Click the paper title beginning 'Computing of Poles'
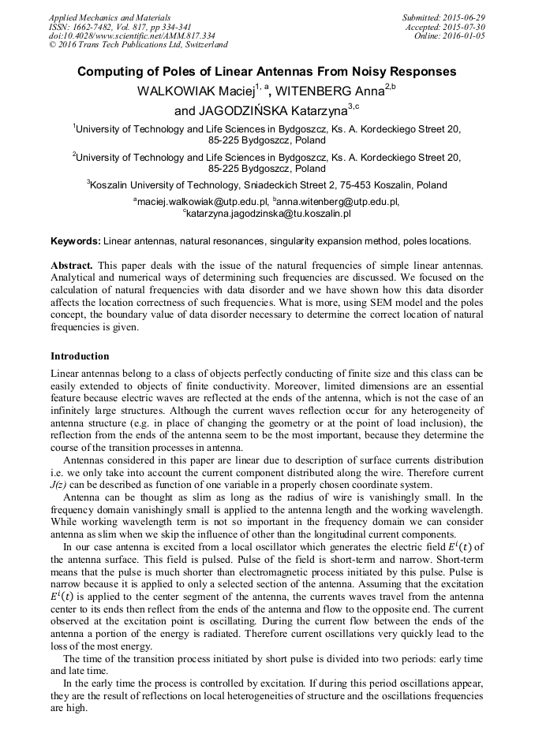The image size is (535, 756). tap(267, 72)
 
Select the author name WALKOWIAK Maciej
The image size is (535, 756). tap(191, 91)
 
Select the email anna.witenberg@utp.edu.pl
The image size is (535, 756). tap(337, 202)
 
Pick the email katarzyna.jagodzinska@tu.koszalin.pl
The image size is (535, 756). tap(268, 213)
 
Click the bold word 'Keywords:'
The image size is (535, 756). tap(75, 240)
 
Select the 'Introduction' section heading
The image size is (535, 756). tap(80, 356)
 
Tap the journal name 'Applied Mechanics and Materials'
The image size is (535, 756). tap(110, 17)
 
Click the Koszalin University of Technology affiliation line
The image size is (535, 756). tap(267, 185)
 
